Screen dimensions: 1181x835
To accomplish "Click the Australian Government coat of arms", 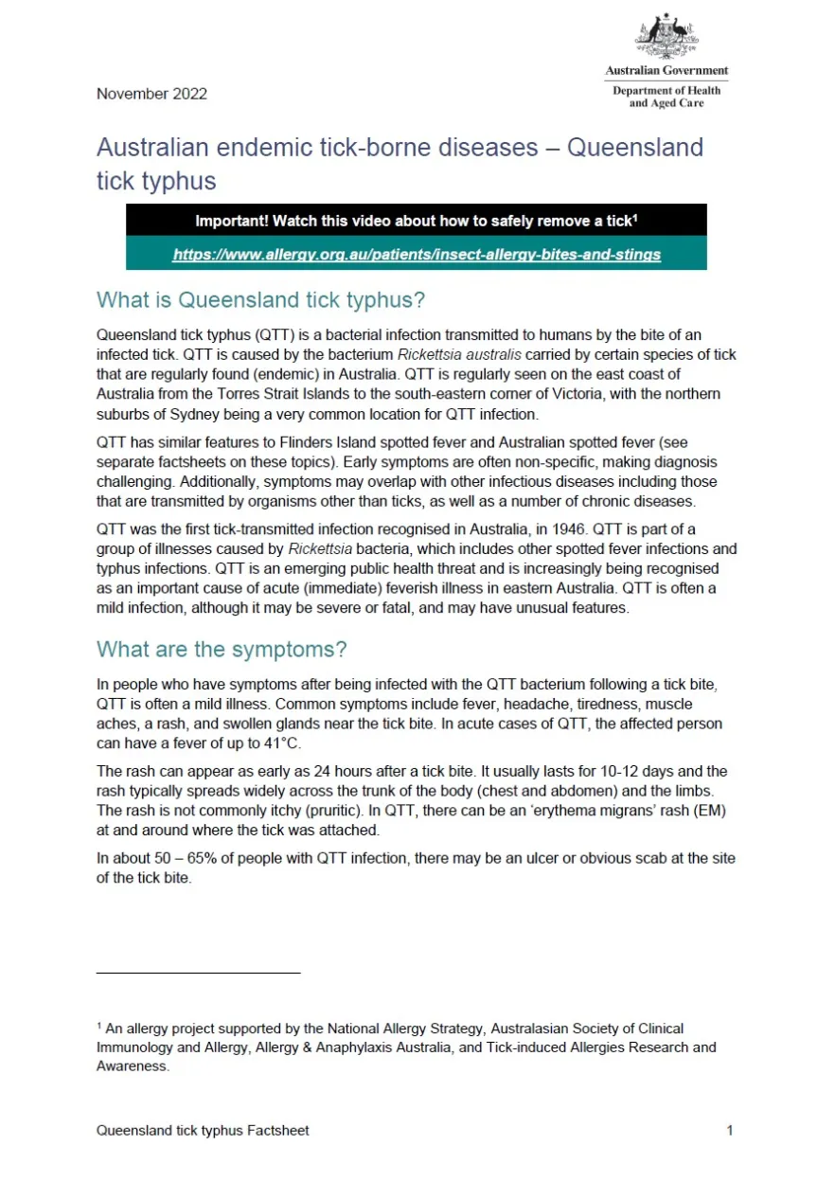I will point(666,36).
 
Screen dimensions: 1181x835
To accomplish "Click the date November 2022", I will point(151,94).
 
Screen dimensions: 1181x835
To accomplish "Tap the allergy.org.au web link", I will point(417,254).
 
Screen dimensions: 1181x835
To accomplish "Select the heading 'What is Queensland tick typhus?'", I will point(260,301).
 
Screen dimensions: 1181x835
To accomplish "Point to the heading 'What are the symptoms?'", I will point(222,650).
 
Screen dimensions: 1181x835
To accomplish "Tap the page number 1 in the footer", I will point(730,1130).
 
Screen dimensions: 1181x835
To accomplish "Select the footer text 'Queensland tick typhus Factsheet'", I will point(203,1130).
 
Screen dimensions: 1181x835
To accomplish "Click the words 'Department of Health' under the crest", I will point(666,91).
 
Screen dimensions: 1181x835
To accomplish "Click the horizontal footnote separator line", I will point(198,973).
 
